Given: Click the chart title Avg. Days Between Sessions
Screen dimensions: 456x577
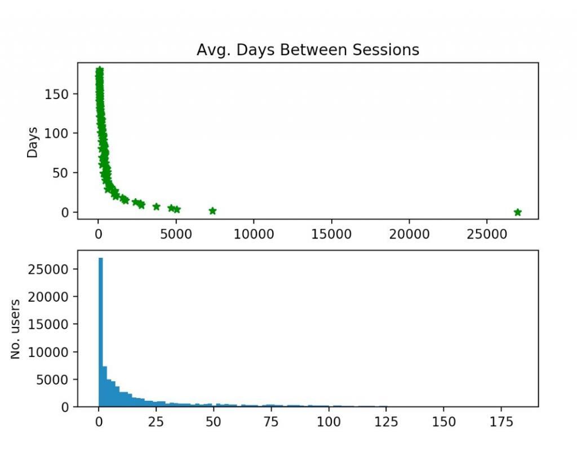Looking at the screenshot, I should (308, 50).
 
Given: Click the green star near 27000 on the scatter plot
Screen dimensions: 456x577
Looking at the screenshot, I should (518, 212).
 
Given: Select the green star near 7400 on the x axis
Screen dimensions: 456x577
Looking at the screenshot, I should (212, 211).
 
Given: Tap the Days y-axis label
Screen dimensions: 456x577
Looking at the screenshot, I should (33, 142).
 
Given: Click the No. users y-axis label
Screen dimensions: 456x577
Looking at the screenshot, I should (16, 329).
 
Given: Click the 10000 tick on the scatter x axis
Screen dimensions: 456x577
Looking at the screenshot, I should (253, 233).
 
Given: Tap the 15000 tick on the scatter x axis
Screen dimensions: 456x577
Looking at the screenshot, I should (331, 233).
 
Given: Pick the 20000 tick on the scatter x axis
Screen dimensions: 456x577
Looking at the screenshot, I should (409, 233).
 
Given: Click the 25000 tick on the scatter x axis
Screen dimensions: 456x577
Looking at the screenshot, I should (486, 233).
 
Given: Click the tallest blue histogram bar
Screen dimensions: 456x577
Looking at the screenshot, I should (101, 332).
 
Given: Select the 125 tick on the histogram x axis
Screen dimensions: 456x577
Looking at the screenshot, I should (386, 421).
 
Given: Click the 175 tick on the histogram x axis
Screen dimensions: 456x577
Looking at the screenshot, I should (501, 421).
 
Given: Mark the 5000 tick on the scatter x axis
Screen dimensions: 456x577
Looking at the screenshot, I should (176, 233).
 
